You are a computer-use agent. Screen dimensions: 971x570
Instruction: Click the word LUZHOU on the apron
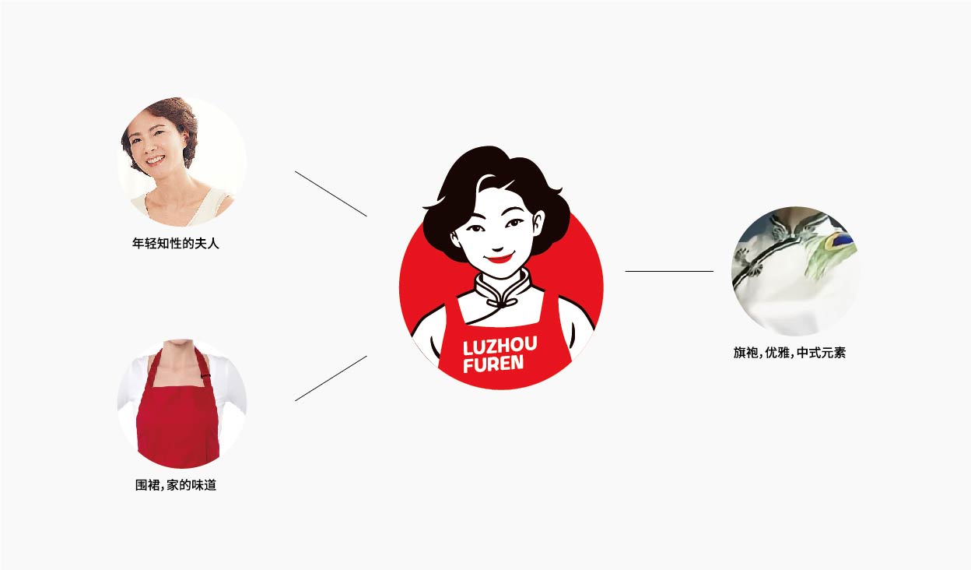click(x=500, y=346)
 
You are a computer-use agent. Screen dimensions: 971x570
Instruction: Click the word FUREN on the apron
click(x=493, y=364)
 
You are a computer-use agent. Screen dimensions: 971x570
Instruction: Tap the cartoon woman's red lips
click(x=500, y=259)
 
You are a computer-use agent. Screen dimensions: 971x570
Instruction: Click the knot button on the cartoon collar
click(x=503, y=303)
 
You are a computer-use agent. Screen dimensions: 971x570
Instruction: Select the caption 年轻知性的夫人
click(x=176, y=244)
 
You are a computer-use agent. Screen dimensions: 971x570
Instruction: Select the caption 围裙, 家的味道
click(x=176, y=485)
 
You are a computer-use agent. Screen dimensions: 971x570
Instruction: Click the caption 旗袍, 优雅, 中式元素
click(x=790, y=353)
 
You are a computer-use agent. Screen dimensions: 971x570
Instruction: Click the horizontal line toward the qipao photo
click(x=669, y=271)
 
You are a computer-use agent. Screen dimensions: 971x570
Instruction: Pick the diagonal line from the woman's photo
click(x=331, y=193)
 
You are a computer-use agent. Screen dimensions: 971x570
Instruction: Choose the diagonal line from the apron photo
click(x=331, y=378)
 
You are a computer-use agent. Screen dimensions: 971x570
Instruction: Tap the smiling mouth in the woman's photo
click(x=155, y=161)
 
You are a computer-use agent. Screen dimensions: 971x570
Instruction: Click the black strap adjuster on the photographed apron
click(x=206, y=375)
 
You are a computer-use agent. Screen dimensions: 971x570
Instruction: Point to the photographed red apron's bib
click(x=177, y=420)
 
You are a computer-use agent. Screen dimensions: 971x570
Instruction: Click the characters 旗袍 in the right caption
click(x=746, y=353)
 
